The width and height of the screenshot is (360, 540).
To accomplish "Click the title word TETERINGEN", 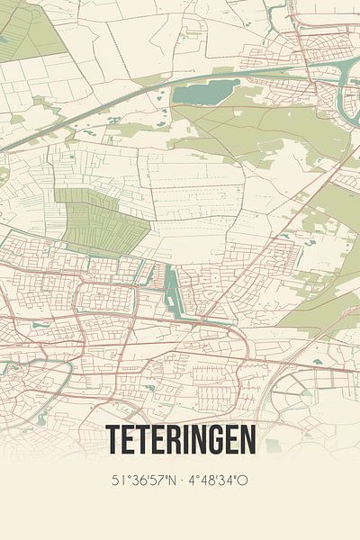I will tap(181, 439).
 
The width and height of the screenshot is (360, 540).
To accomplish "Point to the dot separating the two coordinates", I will tap(183, 480).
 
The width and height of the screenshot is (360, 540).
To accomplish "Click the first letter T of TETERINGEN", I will tap(114, 439).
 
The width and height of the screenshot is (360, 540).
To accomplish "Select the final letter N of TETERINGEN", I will tap(247, 439).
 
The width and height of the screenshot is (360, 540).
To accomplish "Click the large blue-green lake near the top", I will tap(205, 91).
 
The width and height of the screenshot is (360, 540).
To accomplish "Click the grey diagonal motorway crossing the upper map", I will tap(135, 103).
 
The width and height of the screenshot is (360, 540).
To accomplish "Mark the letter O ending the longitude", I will tap(244, 480).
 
